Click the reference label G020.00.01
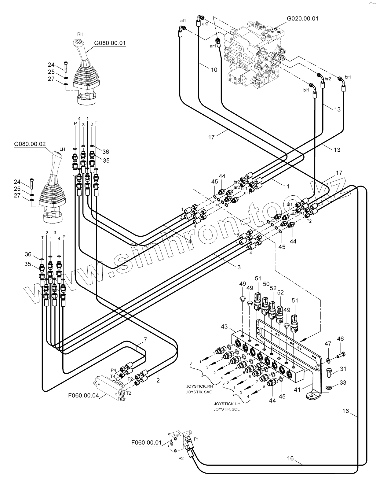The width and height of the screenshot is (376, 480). click(x=303, y=18)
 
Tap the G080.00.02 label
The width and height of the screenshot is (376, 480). click(x=30, y=144)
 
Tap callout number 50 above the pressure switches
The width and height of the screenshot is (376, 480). click(x=266, y=284)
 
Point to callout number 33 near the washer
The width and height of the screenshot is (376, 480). click(x=343, y=382)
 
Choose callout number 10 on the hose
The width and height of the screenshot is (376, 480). click(x=214, y=70)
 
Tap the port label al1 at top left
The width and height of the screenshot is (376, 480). click(x=183, y=21)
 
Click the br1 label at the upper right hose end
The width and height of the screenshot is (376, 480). click(x=348, y=77)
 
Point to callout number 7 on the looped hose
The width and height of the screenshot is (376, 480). click(x=145, y=339)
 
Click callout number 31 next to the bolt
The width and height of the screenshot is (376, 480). click(x=343, y=369)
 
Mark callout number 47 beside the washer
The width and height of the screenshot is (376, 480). click(x=328, y=343)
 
